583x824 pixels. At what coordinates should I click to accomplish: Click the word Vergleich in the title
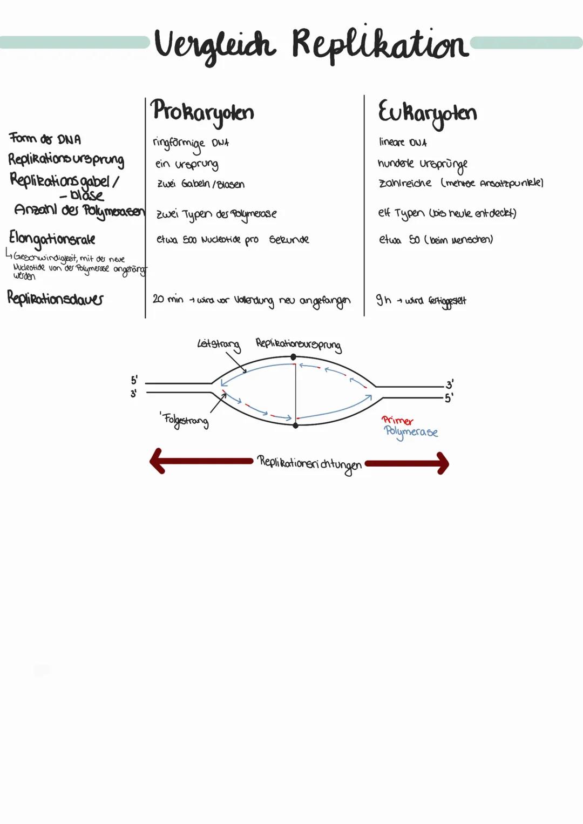click(x=215, y=45)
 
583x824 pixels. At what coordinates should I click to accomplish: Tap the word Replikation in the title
click(x=380, y=44)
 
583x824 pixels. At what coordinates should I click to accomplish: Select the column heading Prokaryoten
click(x=202, y=112)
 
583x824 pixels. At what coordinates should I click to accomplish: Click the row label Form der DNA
click(x=45, y=139)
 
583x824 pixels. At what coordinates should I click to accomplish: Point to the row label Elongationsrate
click(x=52, y=238)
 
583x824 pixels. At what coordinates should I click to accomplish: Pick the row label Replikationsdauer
click(x=55, y=298)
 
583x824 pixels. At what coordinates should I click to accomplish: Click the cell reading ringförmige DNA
click(x=191, y=143)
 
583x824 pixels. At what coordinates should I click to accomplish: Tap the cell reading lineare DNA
click(x=403, y=143)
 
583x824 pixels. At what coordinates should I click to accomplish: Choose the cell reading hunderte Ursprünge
click(x=422, y=164)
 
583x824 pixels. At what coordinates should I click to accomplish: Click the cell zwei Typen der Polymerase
click(x=216, y=214)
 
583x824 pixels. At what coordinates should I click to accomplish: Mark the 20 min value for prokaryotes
click(x=168, y=299)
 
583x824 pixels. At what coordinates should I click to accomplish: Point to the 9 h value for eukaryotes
click(x=383, y=300)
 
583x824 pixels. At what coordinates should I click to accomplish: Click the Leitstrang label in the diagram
click(x=218, y=344)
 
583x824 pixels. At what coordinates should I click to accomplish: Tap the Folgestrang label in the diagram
click(x=186, y=420)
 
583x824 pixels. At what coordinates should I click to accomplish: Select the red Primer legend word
click(x=397, y=420)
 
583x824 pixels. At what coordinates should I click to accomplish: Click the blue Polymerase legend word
click(x=411, y=432)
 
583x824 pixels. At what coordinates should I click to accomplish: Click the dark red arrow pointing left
click(x=200, y=461)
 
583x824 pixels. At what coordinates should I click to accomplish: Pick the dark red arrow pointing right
click(x=408, y=463)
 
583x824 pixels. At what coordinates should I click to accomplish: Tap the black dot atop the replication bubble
click(x=293, y=357)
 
